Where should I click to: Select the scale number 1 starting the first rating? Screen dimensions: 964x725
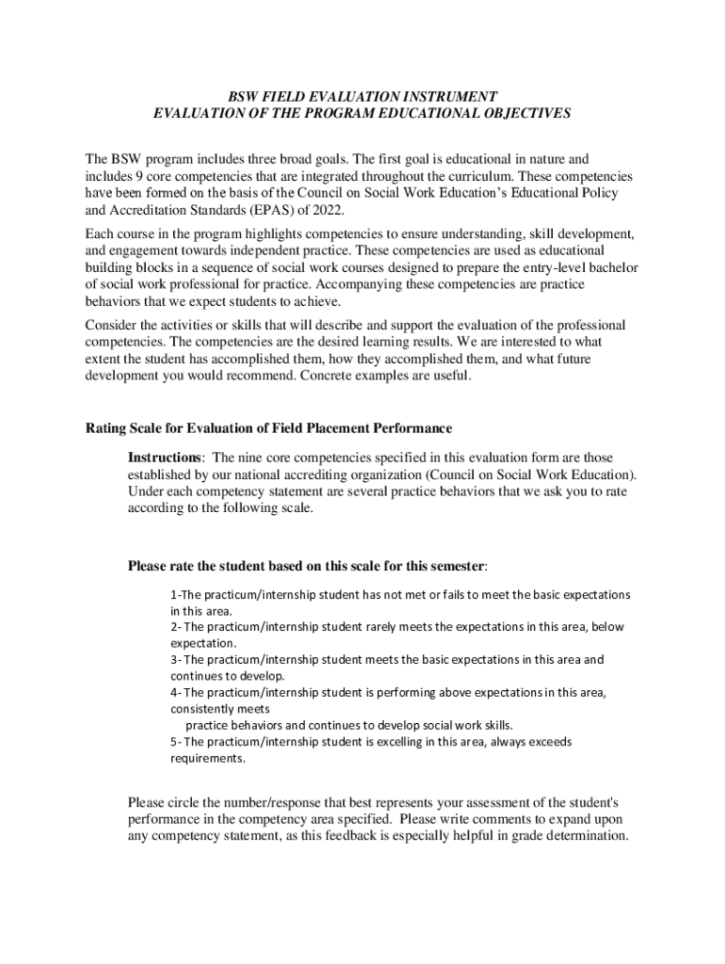(x=173, y=595)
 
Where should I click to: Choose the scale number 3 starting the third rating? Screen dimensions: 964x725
(x=173, y=660)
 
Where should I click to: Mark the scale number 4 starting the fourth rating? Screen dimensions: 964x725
(x=173, y=693)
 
